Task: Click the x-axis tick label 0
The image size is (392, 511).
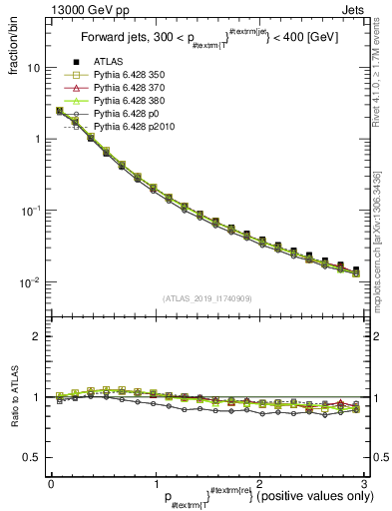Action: tap(51, 482)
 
